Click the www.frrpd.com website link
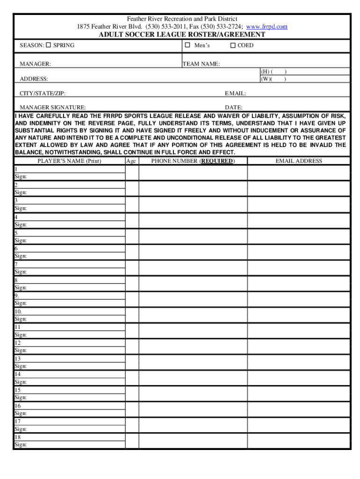point(266,27)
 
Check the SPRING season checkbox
point(48,45)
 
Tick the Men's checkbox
point(187,45)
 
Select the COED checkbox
point(233,45)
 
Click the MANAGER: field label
point(36,64)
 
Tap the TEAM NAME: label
point(201,64)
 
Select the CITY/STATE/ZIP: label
point(43,94)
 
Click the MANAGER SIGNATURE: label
point(52,108)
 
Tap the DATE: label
point(233,108)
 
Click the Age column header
point(131,161)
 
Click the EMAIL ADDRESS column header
point(299,161)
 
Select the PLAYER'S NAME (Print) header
point(69,161)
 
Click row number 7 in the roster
point(16,264)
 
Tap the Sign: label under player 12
point(21,350)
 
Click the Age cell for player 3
point(132,204)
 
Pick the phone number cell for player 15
point(193,393)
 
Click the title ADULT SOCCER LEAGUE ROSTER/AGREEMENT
point(182,35)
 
